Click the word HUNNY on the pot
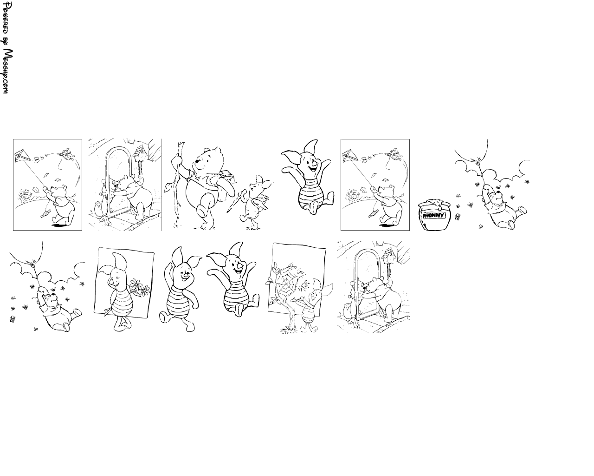[433, 215]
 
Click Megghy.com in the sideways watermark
[6, 72]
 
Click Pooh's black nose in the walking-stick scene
[196, 161]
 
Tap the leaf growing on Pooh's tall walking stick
[167, 188]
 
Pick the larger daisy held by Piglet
[135, 284]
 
